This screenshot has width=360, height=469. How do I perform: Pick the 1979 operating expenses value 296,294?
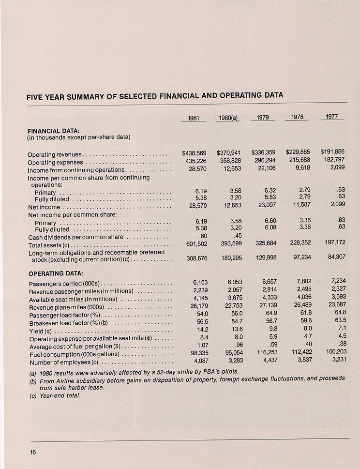tap(263, 161)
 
